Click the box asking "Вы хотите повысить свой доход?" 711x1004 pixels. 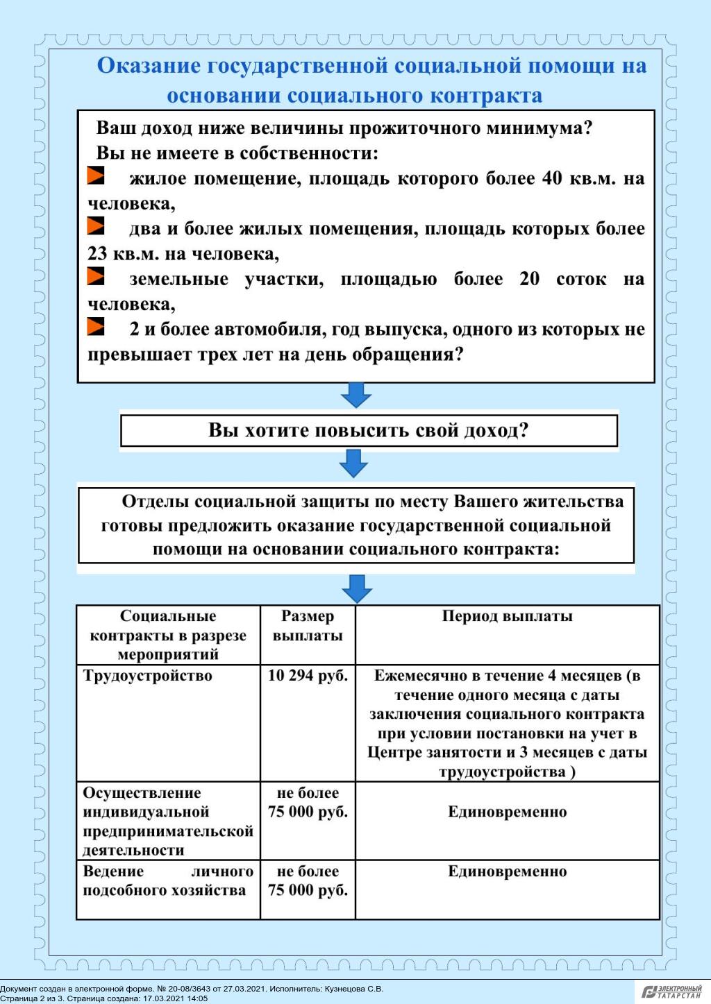[x=369, y=431]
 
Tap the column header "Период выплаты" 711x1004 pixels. [x=507, y=616]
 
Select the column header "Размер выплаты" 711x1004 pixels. [x=308, y=626]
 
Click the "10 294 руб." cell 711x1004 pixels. [x=308, y=676]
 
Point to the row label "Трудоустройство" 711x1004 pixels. [x=148, y=676]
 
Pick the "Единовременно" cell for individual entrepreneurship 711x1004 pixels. [x=507, y=812]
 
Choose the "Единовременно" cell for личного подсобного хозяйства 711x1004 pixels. [x=507, y=871]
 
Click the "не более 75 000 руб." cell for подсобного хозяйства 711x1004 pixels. [x=308, y=881]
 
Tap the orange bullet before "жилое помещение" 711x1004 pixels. [x=96, y=176]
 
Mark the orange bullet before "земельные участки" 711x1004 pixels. [x=96, y=276]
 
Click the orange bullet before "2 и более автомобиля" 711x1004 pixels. [x=96, y=326]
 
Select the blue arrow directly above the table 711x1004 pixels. [x=357, y=588]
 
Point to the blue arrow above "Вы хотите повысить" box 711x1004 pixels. [x=356, y=394]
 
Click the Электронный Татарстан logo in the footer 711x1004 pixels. [x=671, y=992]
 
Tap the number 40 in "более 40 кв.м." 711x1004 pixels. [x=552, y=179]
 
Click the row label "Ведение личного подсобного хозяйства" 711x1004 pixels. [x=167, y=881]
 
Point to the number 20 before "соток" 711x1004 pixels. [x=529, y=280]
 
